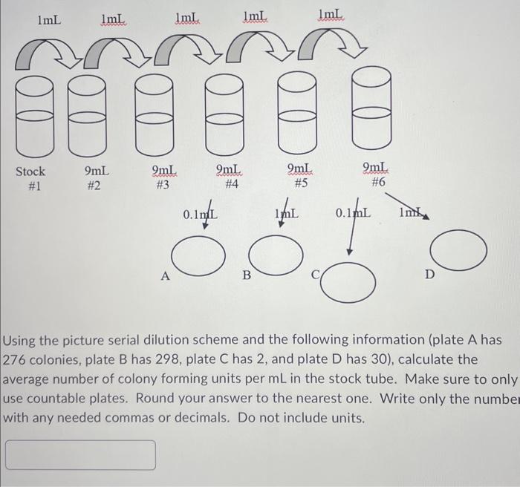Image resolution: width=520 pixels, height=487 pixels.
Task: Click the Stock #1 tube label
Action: coord(30,178)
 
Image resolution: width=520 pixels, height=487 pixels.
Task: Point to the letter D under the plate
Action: coord(429,275)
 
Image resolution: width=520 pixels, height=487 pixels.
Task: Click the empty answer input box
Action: coord(81,454)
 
